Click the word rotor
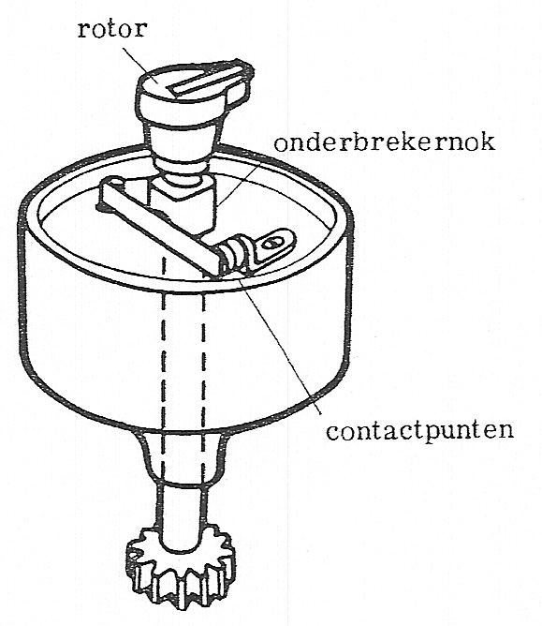(112, 30)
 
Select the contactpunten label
(420, 432)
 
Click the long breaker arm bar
(159, 228)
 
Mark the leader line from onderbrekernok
(240, 183)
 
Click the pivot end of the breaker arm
(111, 191)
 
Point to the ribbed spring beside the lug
(232, 256)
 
